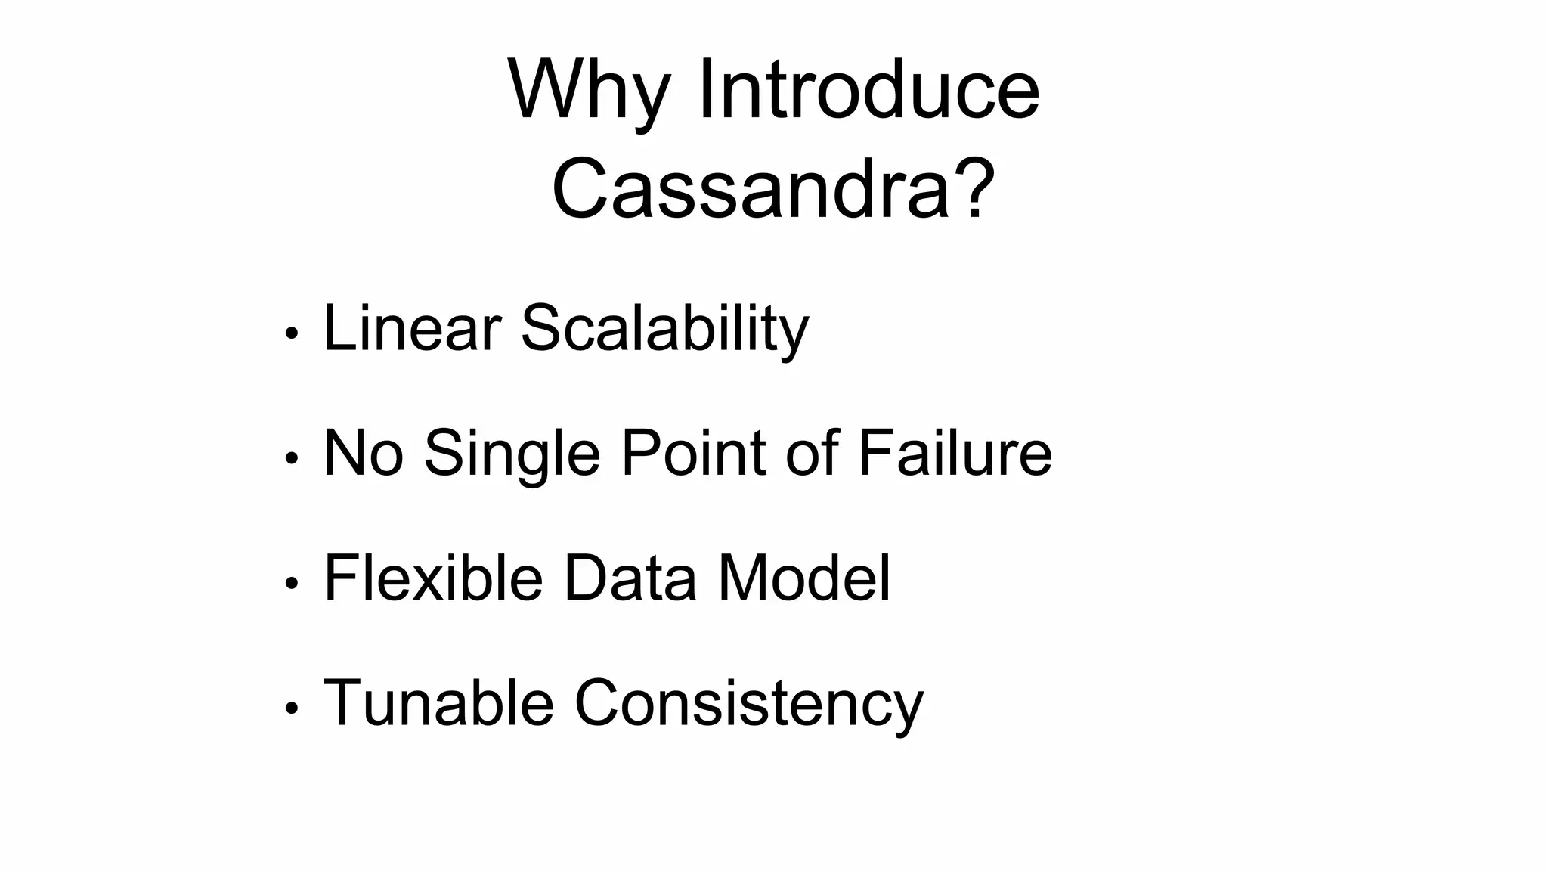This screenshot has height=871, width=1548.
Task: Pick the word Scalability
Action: [x=664, y=329]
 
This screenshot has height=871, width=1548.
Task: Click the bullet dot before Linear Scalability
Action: [x=292, y=333]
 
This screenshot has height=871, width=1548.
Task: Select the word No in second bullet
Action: [x=363, y=453]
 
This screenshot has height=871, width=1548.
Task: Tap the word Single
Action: [x=512, y=454]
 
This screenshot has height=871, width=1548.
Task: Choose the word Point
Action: [x=694, y=453]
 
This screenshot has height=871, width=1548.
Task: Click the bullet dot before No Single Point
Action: [x=292, y=458]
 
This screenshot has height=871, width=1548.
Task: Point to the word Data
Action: [x=629, y=578]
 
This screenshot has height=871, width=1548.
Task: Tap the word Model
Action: [x=803, y=578]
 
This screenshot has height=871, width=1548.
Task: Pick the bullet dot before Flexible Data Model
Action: [x=292, y=583]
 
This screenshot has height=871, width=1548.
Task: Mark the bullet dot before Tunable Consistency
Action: [x=292, y=708]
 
